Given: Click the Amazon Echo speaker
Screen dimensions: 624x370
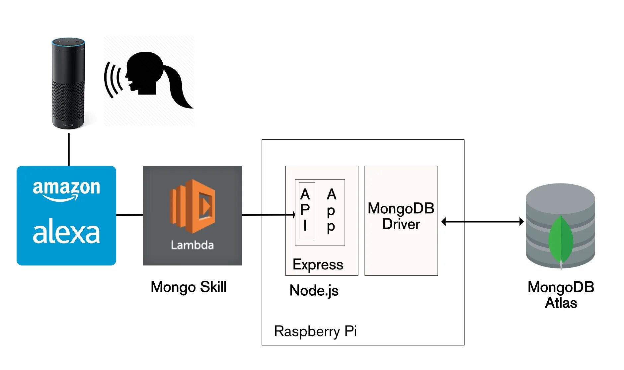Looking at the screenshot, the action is (68, 83).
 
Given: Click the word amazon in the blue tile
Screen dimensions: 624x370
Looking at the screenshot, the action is (66, 189).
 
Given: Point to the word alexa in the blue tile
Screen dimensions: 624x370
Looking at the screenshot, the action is (66, 231).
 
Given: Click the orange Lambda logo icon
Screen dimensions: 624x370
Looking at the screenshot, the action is (193, 206).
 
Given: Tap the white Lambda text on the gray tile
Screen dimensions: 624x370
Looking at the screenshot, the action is (192, 245).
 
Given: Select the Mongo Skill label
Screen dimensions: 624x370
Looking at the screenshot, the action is (189, 287).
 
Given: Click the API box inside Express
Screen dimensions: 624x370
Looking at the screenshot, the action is (307, 211).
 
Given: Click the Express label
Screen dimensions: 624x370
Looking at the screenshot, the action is (318, 264).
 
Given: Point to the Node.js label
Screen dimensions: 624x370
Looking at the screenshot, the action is (314, 290).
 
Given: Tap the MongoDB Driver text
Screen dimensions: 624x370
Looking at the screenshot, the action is (401, 216).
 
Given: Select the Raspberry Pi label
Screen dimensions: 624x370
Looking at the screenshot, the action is (315, 331).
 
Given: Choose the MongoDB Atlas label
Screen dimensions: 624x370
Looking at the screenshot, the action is (561, 295).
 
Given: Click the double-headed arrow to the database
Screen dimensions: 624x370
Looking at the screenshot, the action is (483, 222).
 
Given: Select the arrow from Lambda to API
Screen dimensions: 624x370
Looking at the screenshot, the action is (269, 215).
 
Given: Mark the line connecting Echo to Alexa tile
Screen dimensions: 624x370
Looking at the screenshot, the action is (69, 150).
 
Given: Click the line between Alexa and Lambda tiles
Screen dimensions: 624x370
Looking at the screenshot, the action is (129, 215).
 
